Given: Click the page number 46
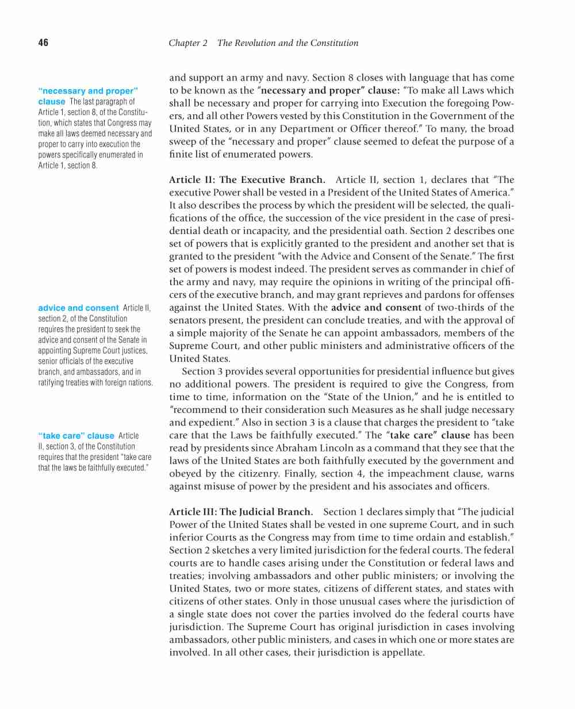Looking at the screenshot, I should tap(43, 43).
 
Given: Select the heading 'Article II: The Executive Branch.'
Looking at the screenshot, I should tap(247, 180).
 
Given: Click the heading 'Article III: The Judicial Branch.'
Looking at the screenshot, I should tap(241, 512).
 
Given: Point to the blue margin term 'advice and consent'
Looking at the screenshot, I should tap(78, 308).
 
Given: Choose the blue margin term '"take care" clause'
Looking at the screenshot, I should tap(76, 436).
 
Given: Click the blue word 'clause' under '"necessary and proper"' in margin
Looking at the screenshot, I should tap(52, 102).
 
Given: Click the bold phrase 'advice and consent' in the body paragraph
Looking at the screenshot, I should tap(376, 308).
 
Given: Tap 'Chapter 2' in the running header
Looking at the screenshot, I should tap(188, 43).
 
